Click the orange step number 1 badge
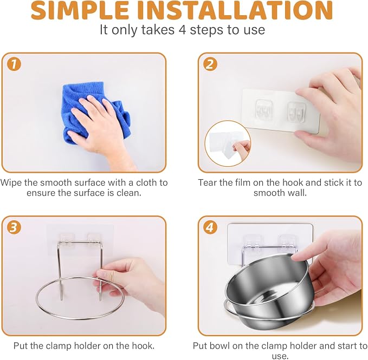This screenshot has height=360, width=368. (x=14, y=64)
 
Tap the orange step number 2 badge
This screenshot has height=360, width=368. (x=210, y=64)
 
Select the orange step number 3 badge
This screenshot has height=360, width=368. (x=14, y=227)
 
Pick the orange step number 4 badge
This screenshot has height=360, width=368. (x=210, y=227)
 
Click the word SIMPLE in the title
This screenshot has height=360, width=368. (x=80, y=10)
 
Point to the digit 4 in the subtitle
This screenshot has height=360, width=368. (x=182, y=30)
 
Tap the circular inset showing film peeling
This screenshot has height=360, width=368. (x=228, y=143)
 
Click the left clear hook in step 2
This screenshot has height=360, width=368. (x=264, y=108)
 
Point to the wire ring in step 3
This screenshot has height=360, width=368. (x=80, y=318)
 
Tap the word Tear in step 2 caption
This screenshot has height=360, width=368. (x=208, y=182)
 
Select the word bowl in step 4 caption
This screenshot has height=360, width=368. (x=219, y=346)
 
